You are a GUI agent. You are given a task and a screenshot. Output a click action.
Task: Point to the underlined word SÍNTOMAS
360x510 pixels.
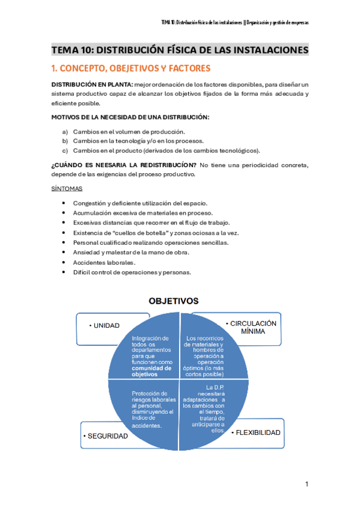coord(67,188)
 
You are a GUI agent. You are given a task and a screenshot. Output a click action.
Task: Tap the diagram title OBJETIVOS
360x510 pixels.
coord(174,300)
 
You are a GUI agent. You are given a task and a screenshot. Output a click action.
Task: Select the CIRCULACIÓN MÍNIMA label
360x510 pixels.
coord(252,327)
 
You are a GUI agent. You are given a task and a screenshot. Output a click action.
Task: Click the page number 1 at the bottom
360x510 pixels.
coord(307,484)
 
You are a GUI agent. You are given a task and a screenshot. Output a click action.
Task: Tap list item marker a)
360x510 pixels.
coord(65,132)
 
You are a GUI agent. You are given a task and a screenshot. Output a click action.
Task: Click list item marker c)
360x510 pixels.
coord(65,150)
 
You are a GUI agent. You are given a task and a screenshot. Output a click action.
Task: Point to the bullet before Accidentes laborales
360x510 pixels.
coord(64,263)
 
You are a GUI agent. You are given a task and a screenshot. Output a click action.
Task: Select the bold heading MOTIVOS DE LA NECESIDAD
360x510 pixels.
coord(130,117)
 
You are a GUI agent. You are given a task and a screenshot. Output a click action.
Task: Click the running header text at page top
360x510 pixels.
coord(235,22)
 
